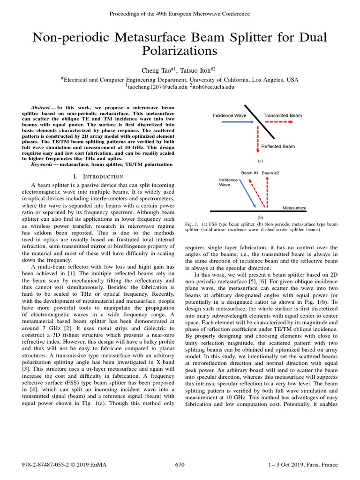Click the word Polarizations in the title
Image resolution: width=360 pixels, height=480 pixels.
[x=180, y=51]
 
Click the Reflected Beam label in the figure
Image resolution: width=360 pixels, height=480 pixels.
[x=278, y=146]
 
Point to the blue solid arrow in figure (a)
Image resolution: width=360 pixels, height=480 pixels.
[x=230, y=121]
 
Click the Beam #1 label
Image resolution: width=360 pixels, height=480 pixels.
[x=249, y=173]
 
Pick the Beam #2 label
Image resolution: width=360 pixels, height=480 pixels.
[x=270, y=173]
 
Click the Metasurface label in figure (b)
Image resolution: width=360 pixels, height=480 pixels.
[x=294, y=207]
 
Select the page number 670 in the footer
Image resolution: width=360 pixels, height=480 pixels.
[x=180, y=465]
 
